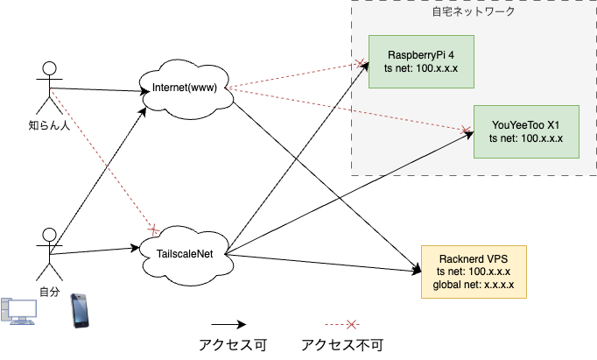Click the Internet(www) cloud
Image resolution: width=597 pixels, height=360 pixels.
click(x=185, y=87)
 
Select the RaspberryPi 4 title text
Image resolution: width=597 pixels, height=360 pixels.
click(x=420, y=53)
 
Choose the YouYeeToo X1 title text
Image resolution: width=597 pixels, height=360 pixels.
click(x=525, y=124)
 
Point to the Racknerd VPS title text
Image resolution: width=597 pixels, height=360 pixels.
click(x=474, y=259)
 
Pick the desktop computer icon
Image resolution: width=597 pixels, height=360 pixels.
click(x=19, y=311)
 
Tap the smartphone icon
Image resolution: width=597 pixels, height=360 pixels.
click(x=79, y=310)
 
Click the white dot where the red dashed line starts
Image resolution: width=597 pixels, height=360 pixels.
click(x=50, y=68)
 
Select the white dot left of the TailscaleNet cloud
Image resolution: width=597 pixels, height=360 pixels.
click(x=50, y=235)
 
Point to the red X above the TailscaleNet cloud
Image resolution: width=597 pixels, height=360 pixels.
click(x=154, y=229)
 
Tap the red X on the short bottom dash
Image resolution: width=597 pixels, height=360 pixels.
click(x=351, y=325)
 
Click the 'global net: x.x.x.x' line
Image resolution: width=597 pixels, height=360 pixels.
click(x=474, y=286)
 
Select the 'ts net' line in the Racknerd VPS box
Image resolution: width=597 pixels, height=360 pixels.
click(x=474, y=272)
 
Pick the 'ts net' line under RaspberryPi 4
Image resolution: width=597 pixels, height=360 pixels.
click(x=420, y=67)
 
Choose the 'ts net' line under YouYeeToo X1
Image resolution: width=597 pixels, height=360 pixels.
click(x=525, y=138)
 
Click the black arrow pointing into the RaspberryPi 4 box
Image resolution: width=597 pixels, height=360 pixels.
click(x=356, y=75)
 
